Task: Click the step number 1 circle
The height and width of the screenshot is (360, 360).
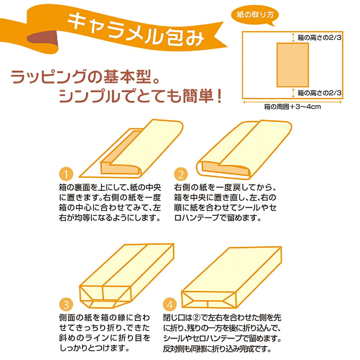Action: pos(66,174)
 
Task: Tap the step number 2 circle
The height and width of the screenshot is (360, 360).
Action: pos(181,174)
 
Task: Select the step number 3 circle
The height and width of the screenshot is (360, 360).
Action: pos(66,305)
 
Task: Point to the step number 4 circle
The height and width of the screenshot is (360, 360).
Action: pos(170,305)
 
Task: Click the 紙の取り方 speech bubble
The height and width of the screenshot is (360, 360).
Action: pos(255,15)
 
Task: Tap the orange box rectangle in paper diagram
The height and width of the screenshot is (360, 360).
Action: pos(292,65)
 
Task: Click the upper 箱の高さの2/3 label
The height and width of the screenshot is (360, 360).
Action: pos(319,37)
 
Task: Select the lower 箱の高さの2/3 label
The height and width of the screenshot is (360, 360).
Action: pos(319,93)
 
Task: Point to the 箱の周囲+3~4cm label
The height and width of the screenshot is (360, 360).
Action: pos(292,107)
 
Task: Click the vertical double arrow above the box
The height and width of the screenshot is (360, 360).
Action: pos(293,37)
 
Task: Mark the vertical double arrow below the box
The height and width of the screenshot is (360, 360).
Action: pos(293,93)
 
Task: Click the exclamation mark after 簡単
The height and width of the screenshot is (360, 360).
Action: pos(219,96)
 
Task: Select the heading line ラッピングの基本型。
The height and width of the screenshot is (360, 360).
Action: pos(85,76)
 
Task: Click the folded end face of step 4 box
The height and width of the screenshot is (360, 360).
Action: pos(208,300)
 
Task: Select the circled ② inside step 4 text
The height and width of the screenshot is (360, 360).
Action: pos(196,318)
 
